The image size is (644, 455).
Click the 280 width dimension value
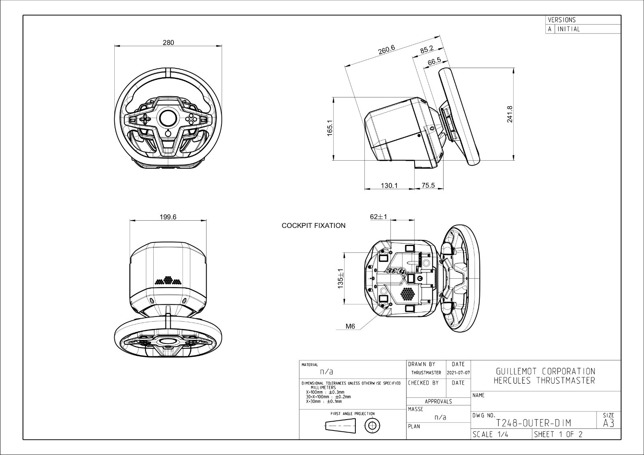168,43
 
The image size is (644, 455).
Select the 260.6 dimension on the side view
386,50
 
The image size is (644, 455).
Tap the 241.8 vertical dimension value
510,114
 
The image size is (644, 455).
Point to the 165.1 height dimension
330,128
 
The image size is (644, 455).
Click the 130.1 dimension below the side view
389,186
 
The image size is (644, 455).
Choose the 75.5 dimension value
428,186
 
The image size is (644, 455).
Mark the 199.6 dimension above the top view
168,217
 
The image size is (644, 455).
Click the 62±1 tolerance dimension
378,217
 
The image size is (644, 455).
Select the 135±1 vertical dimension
341,278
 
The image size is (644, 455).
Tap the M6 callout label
350,327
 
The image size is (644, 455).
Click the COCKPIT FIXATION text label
313,225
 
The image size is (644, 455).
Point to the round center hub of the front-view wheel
168,118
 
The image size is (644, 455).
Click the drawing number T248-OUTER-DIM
533,423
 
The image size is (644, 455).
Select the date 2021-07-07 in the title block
458,373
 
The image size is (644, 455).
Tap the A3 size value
609,423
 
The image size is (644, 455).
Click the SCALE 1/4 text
490,434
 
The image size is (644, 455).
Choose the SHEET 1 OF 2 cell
558,434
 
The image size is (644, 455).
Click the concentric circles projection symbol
373,425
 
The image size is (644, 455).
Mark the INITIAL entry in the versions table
569,29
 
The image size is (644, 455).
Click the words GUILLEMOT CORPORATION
545,371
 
